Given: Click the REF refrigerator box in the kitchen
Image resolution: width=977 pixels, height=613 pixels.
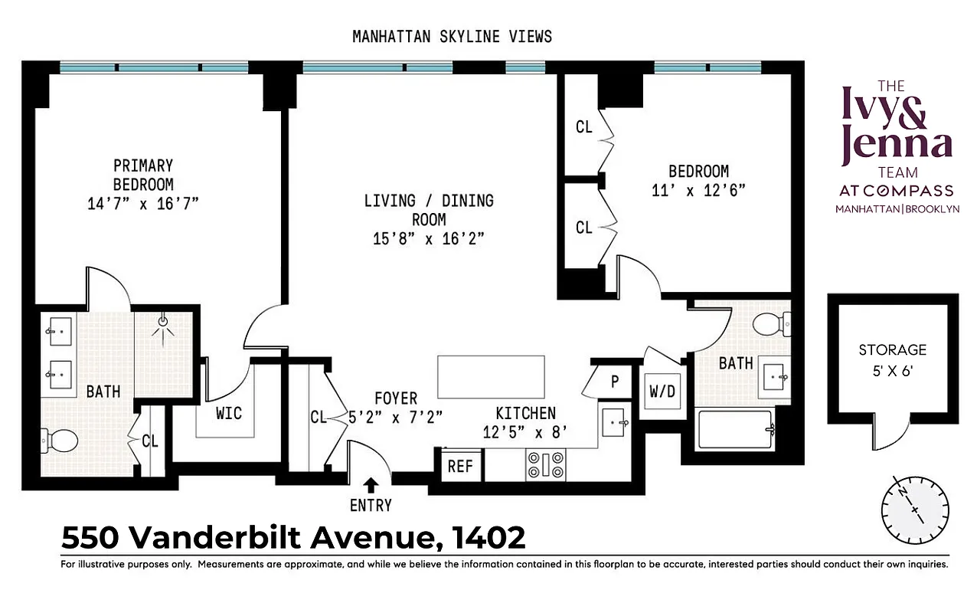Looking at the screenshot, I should pos(460,465).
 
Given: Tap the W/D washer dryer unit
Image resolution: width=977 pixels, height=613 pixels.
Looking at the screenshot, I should pos(662,391).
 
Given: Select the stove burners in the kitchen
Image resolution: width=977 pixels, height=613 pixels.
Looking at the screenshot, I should pos(545,465).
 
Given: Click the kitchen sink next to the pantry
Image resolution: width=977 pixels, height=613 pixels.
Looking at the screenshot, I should pos(616,421).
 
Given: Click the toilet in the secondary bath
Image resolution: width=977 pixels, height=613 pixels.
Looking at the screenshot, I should pos(769,326).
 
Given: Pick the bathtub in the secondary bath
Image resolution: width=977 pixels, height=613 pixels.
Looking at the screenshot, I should pos(736,430).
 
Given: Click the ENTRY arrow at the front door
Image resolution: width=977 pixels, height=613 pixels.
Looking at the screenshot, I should pos(371,484).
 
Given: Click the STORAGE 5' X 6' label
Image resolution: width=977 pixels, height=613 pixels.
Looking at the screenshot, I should pos(892,359).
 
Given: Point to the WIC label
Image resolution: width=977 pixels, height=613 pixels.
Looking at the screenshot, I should pos(228,414).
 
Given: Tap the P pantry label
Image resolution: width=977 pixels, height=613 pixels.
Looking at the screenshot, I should pos(614,381).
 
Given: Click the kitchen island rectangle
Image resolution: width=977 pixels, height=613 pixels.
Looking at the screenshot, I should pos(491,375).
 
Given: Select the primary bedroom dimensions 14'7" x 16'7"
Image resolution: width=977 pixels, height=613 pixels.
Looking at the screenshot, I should pos(143,203).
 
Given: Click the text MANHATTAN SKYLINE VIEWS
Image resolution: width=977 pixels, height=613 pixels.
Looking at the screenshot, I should pos(452,36).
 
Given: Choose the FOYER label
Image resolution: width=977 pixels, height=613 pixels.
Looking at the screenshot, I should pos(396,398).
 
